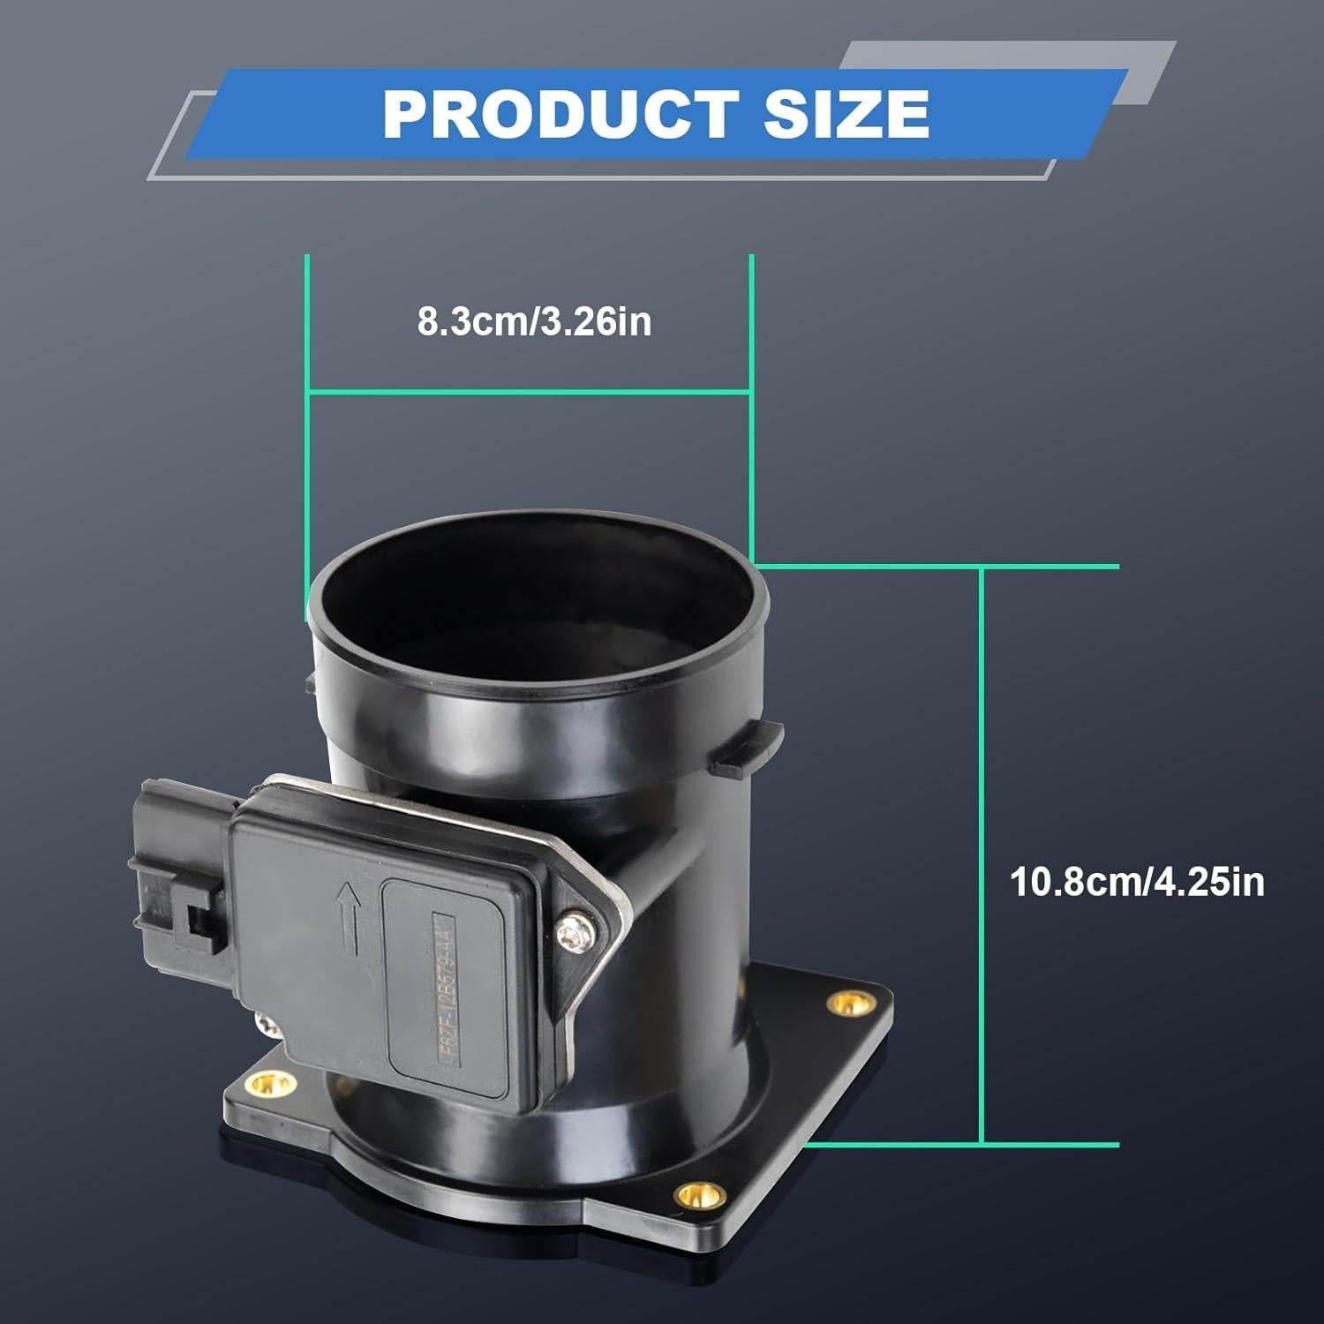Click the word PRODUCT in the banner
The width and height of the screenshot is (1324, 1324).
pos(560,114)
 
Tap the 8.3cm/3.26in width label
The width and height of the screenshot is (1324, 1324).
pos(534,322)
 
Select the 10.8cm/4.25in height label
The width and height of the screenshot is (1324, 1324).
pos(1137,882)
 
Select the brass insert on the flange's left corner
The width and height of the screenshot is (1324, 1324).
pos(262,1083)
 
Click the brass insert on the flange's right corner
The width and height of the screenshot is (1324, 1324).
pos(846,1002)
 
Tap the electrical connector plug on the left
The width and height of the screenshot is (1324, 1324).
pos(181,869)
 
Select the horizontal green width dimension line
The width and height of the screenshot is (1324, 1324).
pos(530,390)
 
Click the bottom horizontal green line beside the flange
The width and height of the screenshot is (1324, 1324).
pos(962,1145)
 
